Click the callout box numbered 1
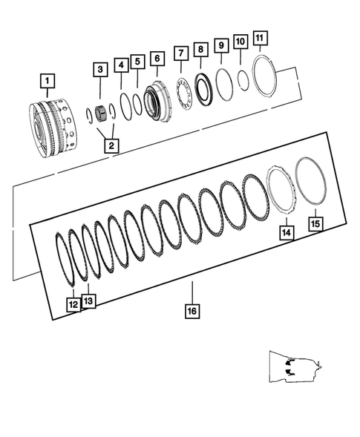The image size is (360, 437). [x=47, y=79]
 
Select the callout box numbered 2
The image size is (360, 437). [x=110, y=145]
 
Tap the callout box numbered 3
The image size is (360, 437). [x=99, y=70]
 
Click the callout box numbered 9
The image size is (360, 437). [x=220, y=45]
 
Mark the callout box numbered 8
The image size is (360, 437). [x=200, y=49]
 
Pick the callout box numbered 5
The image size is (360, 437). [x=137, y=62]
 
